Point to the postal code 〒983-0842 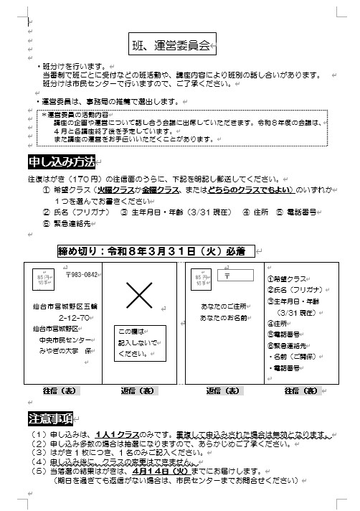tap(81, 274)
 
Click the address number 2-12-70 tap(73, 317)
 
